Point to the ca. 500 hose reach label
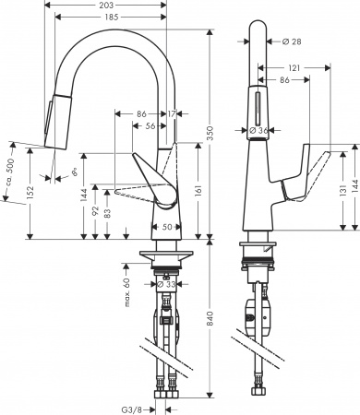8,169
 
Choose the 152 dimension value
32,191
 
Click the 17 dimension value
173,113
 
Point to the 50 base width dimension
167,227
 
